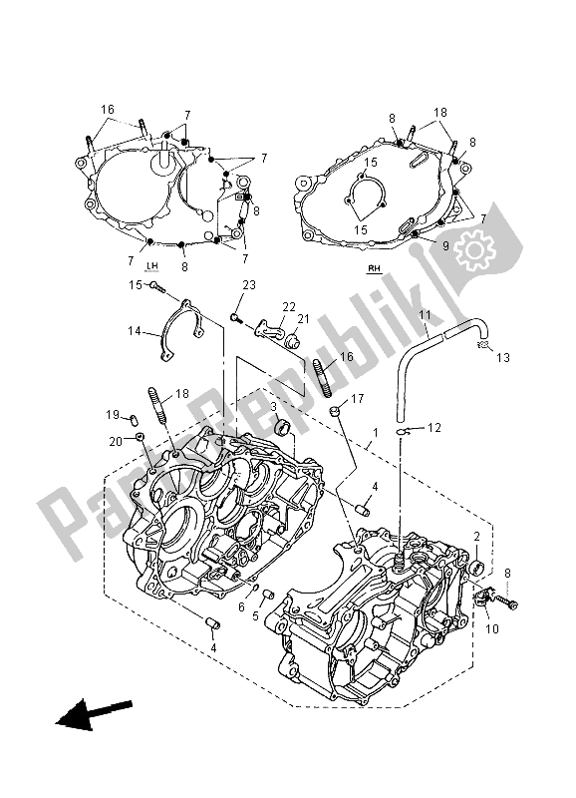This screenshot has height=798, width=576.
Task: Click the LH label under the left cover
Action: tap(152, 266)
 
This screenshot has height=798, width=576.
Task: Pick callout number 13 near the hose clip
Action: tap(500, 356)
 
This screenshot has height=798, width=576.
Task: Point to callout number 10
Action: tap(492, 628)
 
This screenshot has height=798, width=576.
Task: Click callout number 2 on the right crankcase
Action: tap(478, 537)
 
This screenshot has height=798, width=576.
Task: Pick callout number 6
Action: tap(242, 606)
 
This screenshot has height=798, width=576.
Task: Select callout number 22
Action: tap(288, 306)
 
